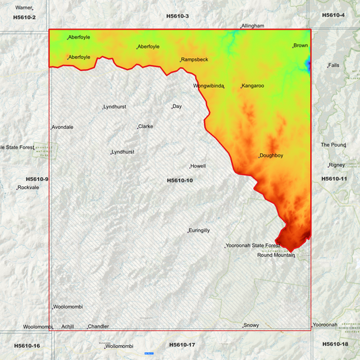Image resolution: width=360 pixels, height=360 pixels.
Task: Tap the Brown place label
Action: (x=301, y=45)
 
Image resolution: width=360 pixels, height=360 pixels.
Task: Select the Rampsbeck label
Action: (x=195, y=59)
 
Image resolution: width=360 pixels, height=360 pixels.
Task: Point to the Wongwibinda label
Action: (x=209, y=86)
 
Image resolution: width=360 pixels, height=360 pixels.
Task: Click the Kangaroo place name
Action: (x=253, y=86)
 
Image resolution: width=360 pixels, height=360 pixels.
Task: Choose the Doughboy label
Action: (x=271, y=156)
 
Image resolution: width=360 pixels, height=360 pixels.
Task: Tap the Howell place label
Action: (x=198, y=165)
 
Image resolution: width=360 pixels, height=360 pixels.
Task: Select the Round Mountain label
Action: (x=276, y=255)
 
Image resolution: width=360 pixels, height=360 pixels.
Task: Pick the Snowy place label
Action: (x=251, y=325)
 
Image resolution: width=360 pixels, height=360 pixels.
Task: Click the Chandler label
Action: (x=99, y=326)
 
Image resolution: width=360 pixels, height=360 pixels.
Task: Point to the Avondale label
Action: (x=63, y=127)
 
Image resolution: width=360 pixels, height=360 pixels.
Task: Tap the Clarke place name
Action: (x=145, y=126)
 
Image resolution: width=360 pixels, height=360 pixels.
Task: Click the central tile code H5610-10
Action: (x=180, y=180)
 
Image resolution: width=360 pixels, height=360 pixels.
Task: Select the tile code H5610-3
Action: (x=178, y=16)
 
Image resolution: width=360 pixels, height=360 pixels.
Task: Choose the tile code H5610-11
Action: (x=334, y=178)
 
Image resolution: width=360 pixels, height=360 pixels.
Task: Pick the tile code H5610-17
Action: (x=182, y=344)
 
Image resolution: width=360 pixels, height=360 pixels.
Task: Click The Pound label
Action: (x=332, y=145)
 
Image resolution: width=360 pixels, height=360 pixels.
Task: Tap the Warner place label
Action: (x=24, y=7)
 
